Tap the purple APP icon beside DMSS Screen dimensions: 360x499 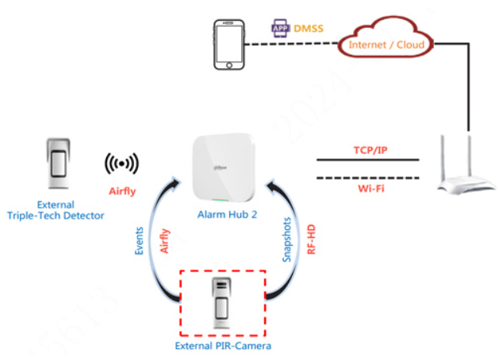click(x=280, y=27)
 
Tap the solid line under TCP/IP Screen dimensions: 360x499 click(x=367, y=161)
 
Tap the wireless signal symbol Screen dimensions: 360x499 click(x=121, y=163)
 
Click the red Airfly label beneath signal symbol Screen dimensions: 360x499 click(x=122, y=191)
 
